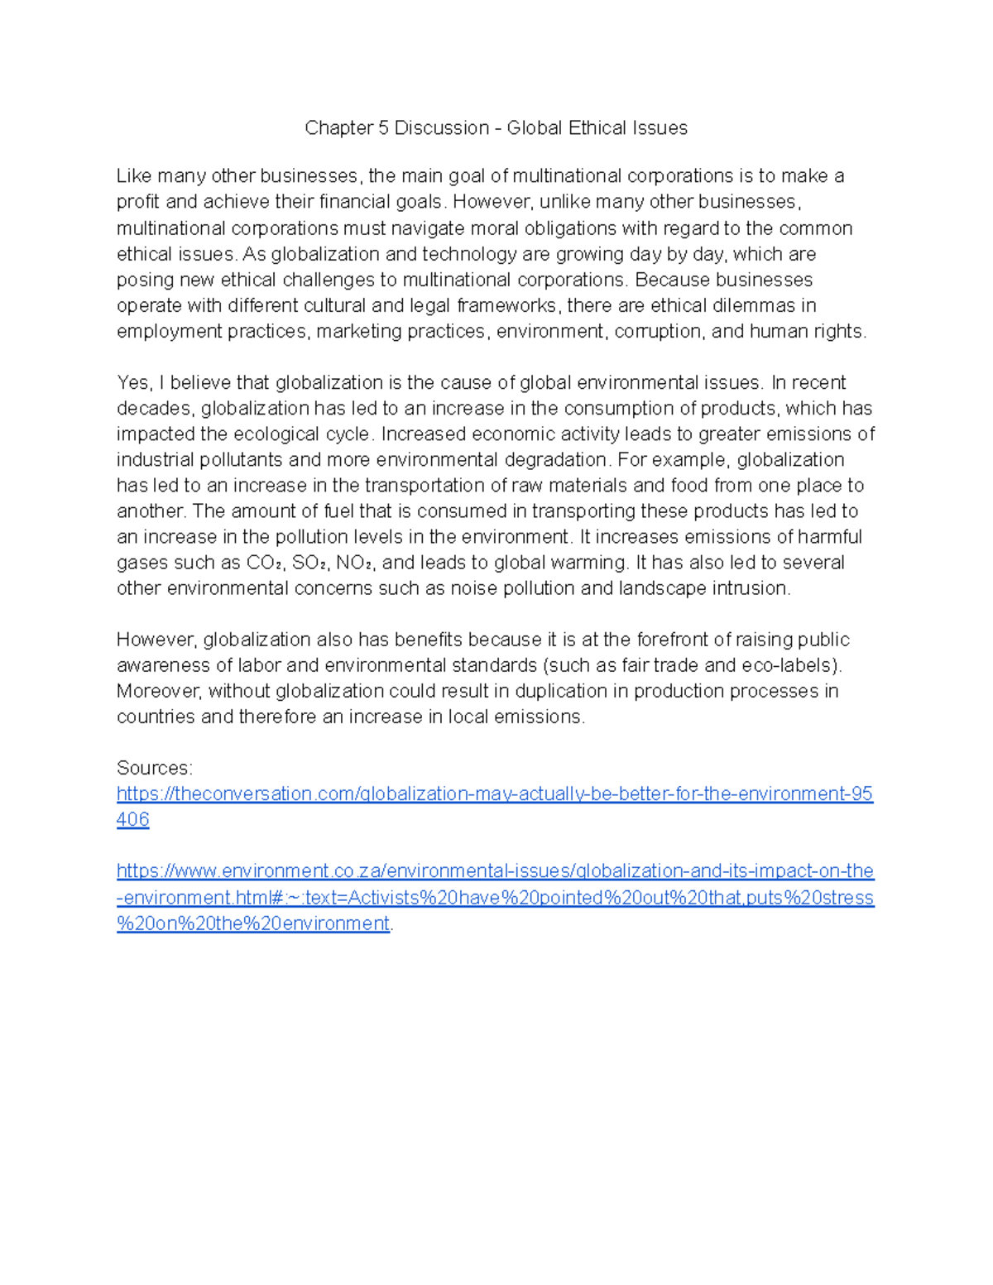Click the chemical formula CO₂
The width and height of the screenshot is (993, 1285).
266,563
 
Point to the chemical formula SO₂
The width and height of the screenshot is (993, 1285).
310,563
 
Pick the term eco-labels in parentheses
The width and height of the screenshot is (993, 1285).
796,665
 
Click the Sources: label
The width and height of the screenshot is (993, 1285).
155,768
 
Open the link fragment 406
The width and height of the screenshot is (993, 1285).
132,820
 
